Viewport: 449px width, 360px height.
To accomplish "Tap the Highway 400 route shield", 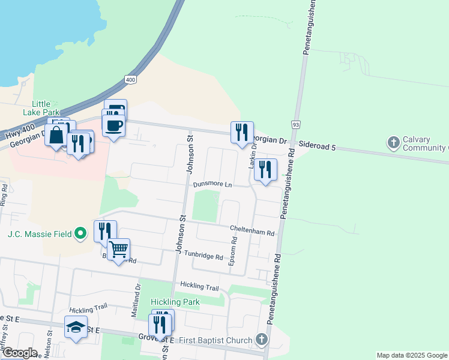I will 130,79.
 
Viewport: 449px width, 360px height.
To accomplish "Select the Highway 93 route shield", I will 296,124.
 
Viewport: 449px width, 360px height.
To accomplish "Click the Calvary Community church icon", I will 394,143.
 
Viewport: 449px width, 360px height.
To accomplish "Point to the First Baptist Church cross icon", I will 261,340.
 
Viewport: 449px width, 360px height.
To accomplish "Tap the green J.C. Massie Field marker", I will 80,233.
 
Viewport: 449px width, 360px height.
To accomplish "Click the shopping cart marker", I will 119,249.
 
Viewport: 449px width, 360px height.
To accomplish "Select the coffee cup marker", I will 113,125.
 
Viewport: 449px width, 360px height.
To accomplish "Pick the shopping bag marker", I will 56,136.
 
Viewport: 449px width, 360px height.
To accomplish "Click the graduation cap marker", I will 76,327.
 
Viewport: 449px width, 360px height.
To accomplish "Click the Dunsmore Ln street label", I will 212,184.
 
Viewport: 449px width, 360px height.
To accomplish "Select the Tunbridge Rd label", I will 203,256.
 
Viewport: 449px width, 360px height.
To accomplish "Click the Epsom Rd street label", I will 235,251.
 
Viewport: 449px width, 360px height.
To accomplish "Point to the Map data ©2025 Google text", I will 412,355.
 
